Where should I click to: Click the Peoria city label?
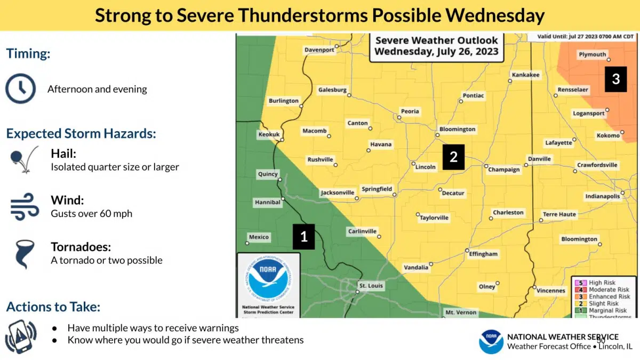[x=410, y=111]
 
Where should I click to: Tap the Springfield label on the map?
[x=377, y=189]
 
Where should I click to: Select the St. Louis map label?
[x=371, y=286]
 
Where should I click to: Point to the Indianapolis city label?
[x=603, y=196]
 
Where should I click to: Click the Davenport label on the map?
[x=319, y=50]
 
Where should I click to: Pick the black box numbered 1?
[x=304, y=236]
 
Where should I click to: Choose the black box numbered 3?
[x=615, y=79]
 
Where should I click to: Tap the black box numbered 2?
[x=453, y=157]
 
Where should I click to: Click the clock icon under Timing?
[x=20, y=89]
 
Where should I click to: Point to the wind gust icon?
[x=25, y=207]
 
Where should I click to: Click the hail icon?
[x=24, y=160]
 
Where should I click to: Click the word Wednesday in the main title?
[x=494, y=15]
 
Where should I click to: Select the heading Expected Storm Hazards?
[x=81, y=133]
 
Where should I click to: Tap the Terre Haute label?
[x=559, y=214]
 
